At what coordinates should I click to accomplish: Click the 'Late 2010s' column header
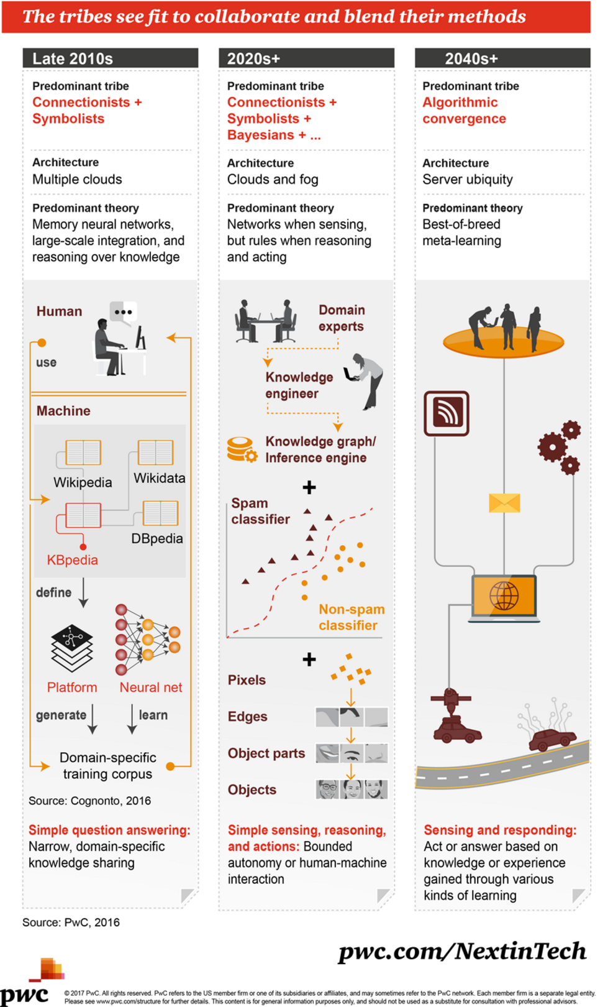coord(73,58)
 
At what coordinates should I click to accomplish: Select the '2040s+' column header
coord(471,58)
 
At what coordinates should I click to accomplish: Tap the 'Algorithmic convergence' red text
coord(464,111)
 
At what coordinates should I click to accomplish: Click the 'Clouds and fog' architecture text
coord(273,180)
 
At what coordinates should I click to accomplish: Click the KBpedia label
coord(73,560)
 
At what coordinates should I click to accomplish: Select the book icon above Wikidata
coord(155,453)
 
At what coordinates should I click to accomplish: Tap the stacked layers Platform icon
coord(72,648)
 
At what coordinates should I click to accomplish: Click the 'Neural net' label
coord(151,687)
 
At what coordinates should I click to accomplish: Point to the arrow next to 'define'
coord(84,593)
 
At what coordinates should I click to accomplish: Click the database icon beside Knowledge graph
coord(242,449)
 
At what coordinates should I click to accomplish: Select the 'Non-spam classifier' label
coord(351,617)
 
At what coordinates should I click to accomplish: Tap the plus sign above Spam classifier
coord(309,487)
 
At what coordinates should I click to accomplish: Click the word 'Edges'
coord(247,717)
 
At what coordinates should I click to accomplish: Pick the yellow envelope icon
coord(504,503)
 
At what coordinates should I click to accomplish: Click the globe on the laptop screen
coord(504,596)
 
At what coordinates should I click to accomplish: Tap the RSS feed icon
coord(447,413)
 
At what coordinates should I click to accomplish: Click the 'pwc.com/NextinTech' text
coord(462,951)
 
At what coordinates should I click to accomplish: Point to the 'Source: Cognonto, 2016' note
coord(89,801)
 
